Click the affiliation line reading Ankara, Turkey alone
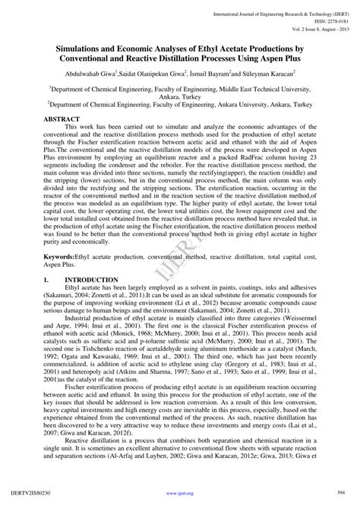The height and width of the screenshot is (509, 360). click(x=180, y=97)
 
